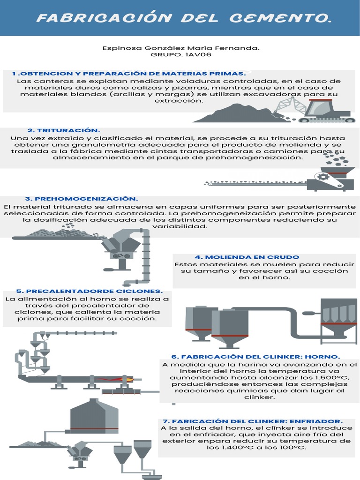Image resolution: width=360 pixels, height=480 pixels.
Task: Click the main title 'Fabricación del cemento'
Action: click(180, 18)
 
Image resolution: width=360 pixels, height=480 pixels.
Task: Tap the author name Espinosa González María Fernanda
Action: click(180, 48)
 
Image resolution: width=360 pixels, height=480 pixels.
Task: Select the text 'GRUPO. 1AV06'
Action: click(180, 54)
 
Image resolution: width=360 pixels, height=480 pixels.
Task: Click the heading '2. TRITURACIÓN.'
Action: click(64, 130)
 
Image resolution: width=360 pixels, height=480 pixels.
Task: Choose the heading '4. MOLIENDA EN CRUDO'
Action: click(247, 257)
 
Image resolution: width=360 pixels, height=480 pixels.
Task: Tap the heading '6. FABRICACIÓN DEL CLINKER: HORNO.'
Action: click(255, 357)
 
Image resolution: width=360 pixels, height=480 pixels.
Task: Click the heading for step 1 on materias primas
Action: click(129, 74)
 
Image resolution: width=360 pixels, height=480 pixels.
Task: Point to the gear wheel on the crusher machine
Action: click(322, 177)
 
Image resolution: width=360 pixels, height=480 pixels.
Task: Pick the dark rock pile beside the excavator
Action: click(244, 114)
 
